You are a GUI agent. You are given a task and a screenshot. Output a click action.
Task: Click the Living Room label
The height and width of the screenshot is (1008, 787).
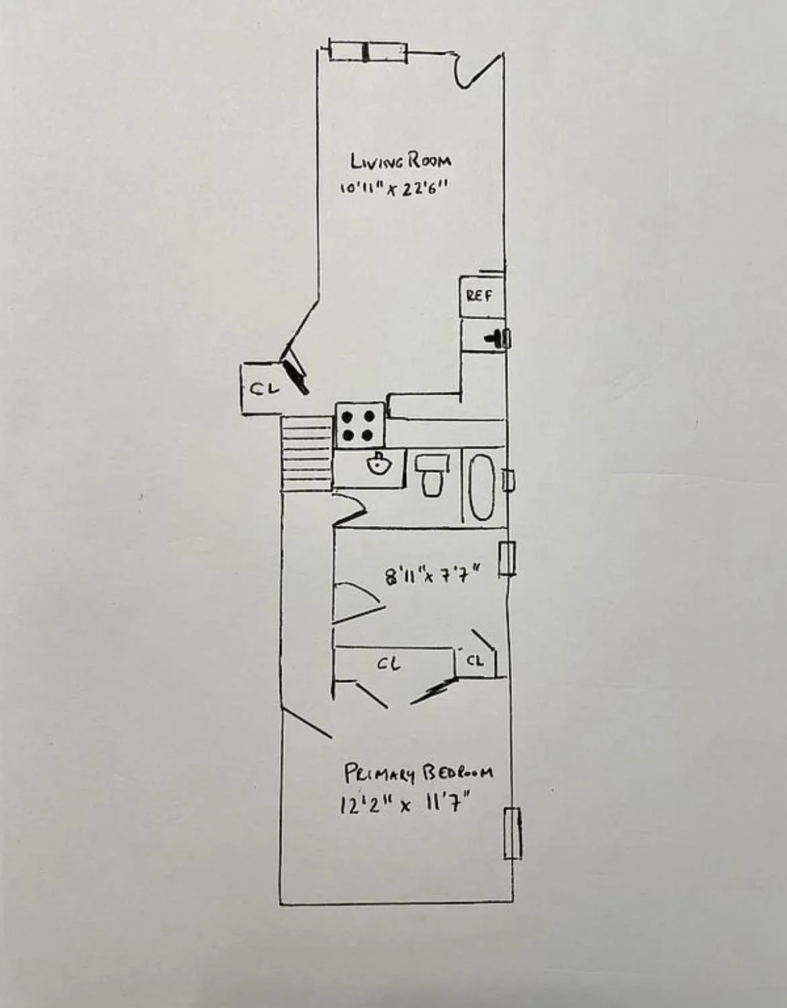pyautogui.click(x=400, y=162)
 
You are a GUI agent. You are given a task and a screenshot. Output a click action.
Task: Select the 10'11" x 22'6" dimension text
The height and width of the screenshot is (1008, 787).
pyautogui.click(x=394, y=189)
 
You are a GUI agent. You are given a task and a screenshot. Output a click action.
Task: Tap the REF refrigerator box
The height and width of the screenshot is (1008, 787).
pyautogui.click(x=480, y=296)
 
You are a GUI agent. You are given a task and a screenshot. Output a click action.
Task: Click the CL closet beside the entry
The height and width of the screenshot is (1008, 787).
pyautogui.click(x=264, y=389)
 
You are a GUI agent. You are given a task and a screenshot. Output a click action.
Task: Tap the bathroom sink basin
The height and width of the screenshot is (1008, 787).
pyautogui.click(x=378, y=464)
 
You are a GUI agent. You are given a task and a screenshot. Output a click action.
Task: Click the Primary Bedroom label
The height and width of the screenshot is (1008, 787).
pyautogui.click(x=418, y=773)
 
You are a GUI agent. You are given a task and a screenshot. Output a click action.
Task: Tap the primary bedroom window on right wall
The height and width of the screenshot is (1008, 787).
pyautogui.click(x=513, y=832)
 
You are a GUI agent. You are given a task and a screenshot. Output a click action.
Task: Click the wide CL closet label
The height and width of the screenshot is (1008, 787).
pyautogui.click(x=389, y=665)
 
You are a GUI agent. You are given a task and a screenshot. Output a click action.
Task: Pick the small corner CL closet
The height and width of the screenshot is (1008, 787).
pyautogui.click(x=476, y=661)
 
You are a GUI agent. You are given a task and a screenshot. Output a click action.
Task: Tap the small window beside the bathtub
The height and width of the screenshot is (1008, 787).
pyautogui.click(x=509, y=480)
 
